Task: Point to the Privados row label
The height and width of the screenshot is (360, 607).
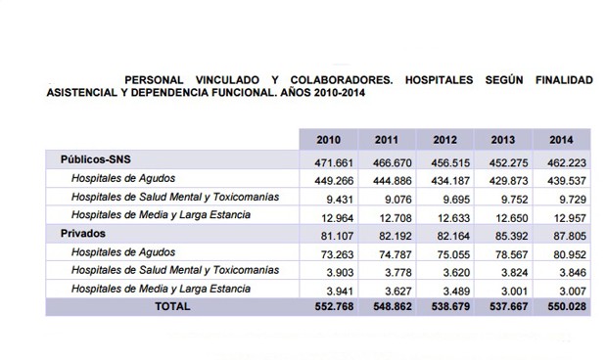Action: click(82, 233)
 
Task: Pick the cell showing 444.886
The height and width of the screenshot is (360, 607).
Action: click(390, 178)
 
